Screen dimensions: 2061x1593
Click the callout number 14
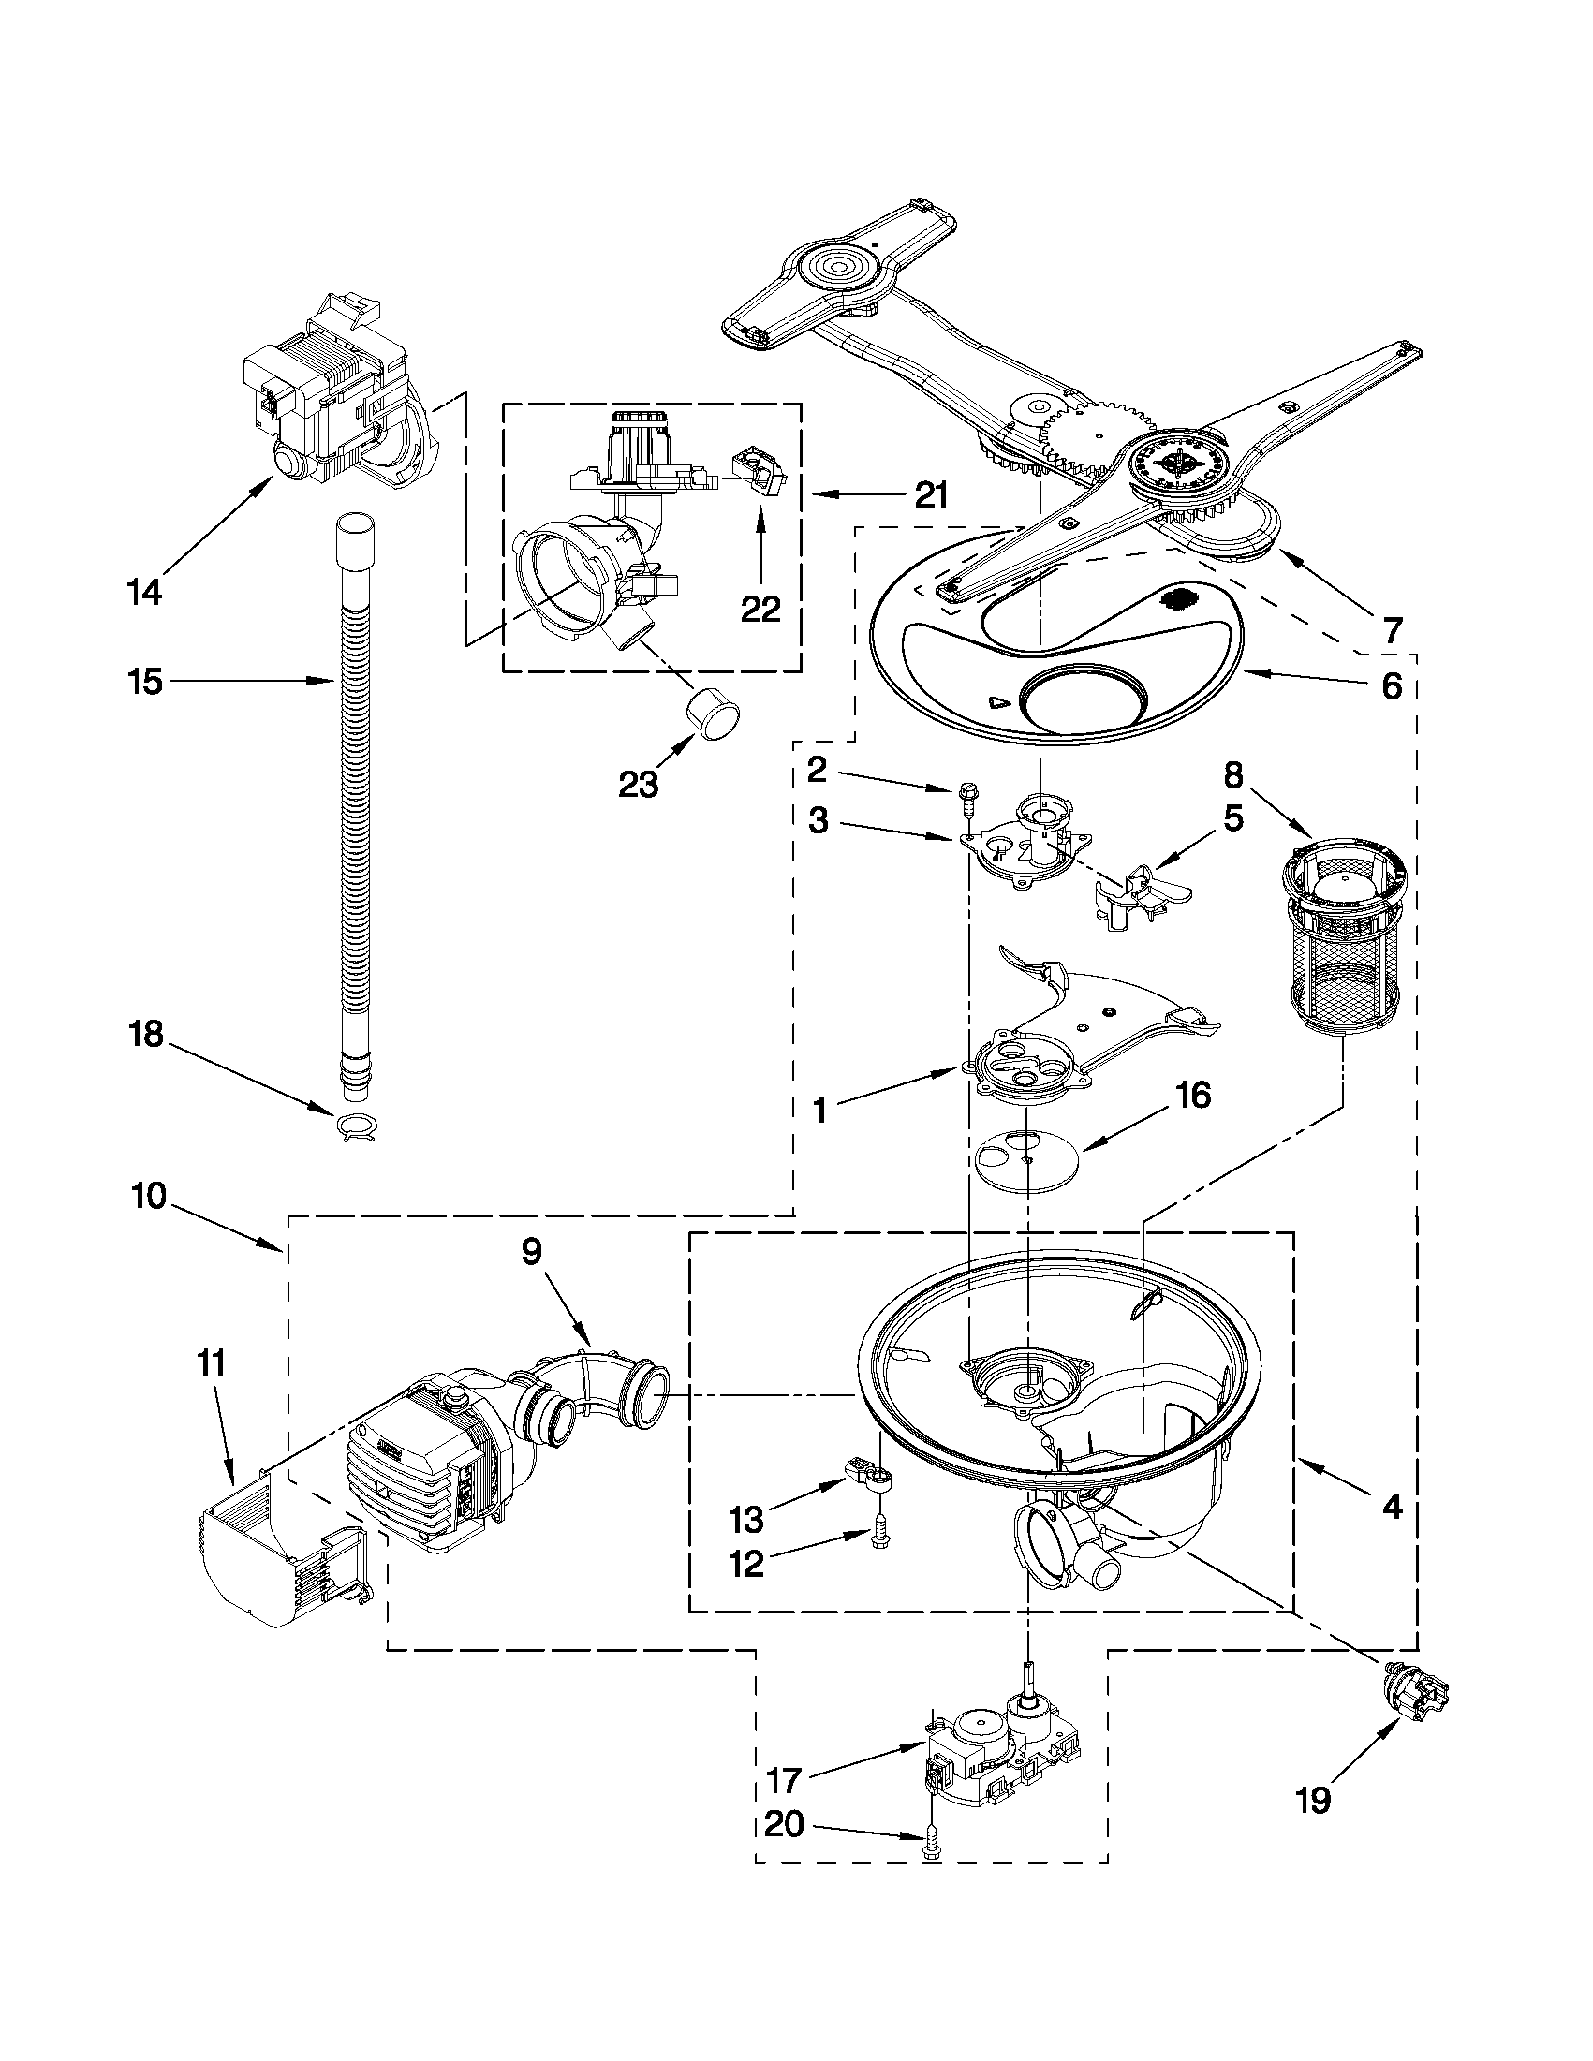point(145,592)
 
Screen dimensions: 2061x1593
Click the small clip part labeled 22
point(759,468)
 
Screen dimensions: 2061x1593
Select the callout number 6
point(1392,686)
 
